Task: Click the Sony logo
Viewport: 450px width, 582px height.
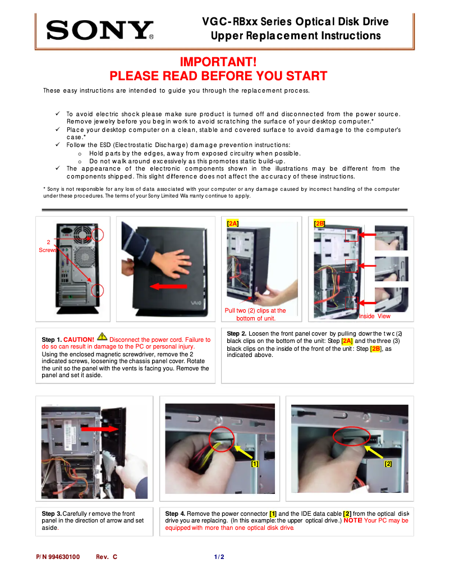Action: point(100,30)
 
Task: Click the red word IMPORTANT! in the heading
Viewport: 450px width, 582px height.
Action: point(218,62)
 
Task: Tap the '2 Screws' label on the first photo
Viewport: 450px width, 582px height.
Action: point(48,246)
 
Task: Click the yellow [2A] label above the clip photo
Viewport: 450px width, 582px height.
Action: point(232,223)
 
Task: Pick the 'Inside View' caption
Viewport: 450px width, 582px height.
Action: point(374,317)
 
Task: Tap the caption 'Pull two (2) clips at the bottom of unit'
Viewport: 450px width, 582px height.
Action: point(255,314)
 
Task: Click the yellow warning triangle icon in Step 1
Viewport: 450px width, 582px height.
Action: point(102,337)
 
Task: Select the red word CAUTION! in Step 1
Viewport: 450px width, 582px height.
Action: point(79,340)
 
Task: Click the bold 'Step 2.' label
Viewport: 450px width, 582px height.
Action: point(237,333)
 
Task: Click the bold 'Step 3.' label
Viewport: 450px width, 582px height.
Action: point(52,514)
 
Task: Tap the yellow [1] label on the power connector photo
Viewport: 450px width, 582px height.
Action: point(255,464)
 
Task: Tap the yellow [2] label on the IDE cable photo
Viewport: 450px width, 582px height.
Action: point(388,464)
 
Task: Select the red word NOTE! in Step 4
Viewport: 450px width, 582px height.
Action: point(352,521)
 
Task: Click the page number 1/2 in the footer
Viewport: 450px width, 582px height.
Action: point(219,557)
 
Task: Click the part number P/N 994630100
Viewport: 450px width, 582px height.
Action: point(58,557)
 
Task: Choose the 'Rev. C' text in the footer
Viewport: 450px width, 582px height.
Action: point(106,557)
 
